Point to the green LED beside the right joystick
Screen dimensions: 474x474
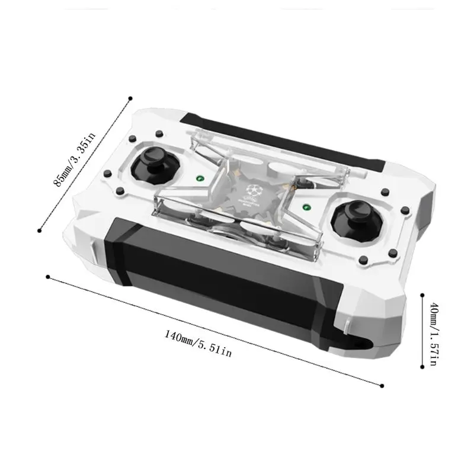[x=308, y=207]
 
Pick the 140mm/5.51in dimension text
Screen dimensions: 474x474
[x=198, y=344]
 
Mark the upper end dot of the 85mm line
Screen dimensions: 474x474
[x=130, y=98]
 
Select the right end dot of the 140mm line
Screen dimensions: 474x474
[x=382, y=386]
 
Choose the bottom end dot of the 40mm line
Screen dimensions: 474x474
[x=422, y=367]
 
